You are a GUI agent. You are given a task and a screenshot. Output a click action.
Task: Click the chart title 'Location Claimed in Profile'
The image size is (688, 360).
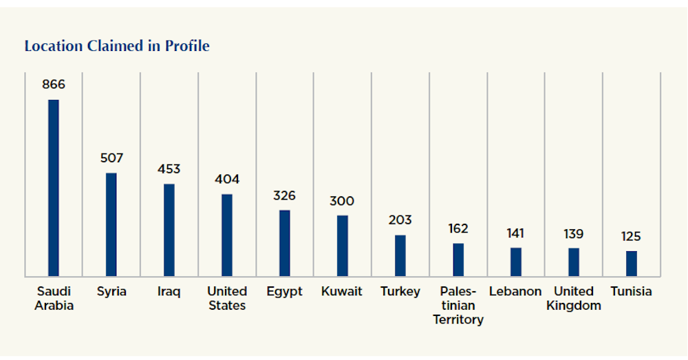pyautogui.click(x=117, y=46)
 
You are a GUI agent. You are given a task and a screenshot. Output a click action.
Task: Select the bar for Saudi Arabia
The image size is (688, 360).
pyautogui.click(x=53, y=187)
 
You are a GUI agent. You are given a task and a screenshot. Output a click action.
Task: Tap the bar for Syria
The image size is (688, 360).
pyautogui.click(x=111, y=224)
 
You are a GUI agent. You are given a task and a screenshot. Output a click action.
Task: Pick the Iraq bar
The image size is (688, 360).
pyautogui.click(x=169, y=229)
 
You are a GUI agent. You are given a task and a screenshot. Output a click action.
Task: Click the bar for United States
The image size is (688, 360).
pyautogui.click(x=227, y=235)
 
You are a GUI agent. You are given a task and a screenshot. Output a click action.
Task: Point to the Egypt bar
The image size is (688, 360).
pyautogui.click(x=284, y=242)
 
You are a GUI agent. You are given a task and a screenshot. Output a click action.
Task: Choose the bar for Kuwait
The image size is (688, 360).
pyautogui.click(x=342, y=245)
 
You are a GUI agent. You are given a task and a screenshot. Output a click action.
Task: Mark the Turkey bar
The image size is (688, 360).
pyautogui.click(x=400, y=255)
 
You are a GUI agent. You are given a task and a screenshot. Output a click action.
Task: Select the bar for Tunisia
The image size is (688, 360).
pyautogui.click(x=631, y=263)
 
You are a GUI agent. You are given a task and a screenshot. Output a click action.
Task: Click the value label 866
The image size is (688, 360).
pyautogui.click(x=53, y=85)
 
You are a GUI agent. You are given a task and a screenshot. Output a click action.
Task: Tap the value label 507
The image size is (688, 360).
pyautogui.click(x=111, y=158)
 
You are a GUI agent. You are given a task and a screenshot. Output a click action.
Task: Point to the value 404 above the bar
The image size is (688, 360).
pyautogui.click(x=227, y=180)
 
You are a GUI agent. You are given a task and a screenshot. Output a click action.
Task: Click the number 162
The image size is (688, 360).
pyautogui.click(x=458, y=229)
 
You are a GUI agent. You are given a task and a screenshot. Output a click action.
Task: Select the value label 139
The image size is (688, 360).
pyautogui.click(x=573, y=234)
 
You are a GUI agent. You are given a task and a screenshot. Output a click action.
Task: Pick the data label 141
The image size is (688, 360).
pyautogui.click(x=515, y=233)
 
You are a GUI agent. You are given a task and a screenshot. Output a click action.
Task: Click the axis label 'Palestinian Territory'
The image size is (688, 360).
pyautogui.click(x=458, y=305)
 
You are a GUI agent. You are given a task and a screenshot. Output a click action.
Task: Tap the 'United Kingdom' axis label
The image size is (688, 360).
pyautogui.click(x=573, y=298)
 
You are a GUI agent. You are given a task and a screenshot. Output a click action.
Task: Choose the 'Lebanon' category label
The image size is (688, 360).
pyautogui.click(x=515, y=291)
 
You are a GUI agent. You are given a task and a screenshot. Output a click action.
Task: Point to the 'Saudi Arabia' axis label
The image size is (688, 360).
pyautogui.click(x=54, y=298)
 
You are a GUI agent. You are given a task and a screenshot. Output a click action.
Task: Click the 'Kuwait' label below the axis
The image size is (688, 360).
pyautogui.click(x=342, y=291)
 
